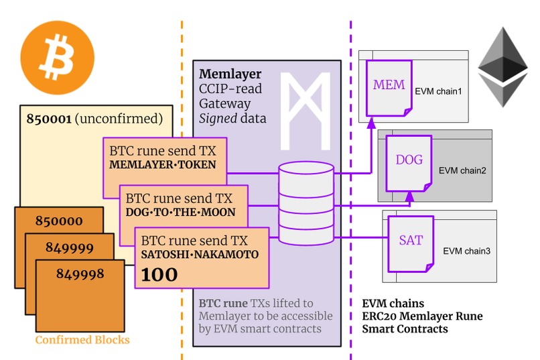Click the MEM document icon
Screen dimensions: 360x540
click(389, 87)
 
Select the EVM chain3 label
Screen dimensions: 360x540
click(466, 251)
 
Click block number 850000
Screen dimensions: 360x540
click(59, 221)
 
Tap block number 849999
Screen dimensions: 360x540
click(69, 247)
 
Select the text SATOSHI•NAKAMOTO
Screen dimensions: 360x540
click(199, 255)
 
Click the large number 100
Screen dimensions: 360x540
click(159, 274)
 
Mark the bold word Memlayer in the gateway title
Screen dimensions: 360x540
click(230, 74)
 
